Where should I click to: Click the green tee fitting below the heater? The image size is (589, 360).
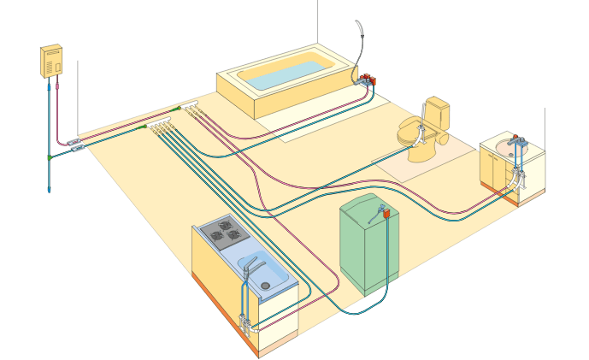tap(50, 158)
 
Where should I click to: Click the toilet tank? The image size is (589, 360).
tap(438, 111)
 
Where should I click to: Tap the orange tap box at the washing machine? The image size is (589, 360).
tap(386, 213)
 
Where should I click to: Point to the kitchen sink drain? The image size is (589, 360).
tap(265, 285)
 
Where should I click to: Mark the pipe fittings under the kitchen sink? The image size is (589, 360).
tap(247, 322)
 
